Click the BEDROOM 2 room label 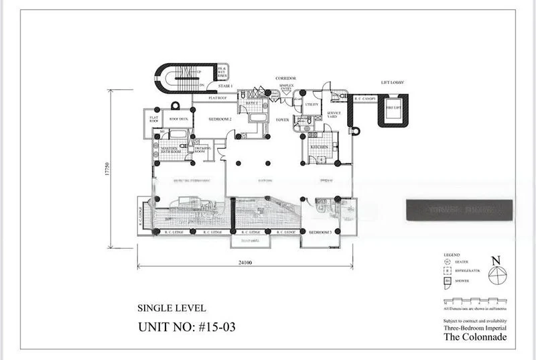pos(220,119)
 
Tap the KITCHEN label pos(318,146)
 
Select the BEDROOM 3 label pos(320,232)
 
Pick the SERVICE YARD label pos(334,115)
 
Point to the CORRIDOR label pos(285,79)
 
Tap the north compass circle pos(496,275)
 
